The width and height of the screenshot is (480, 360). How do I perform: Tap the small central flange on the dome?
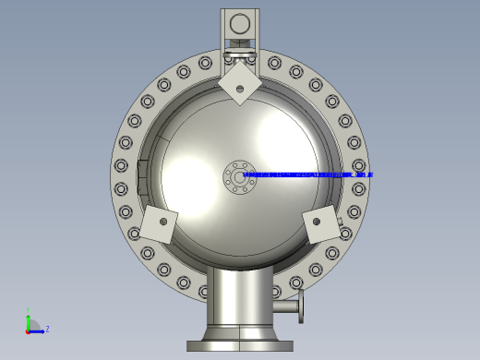240,176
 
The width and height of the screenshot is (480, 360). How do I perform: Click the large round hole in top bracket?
240,24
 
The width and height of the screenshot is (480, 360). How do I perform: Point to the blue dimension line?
305,174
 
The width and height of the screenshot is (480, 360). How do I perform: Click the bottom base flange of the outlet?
240,346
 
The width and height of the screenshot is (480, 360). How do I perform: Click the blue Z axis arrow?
38,330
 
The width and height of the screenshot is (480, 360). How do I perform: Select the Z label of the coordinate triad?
47,329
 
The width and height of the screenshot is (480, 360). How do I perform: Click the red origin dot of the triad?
29,330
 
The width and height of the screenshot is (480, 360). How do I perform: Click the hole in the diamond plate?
240,89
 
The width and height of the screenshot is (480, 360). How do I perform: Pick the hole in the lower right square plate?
317,221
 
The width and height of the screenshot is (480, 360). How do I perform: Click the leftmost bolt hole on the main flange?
121,166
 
